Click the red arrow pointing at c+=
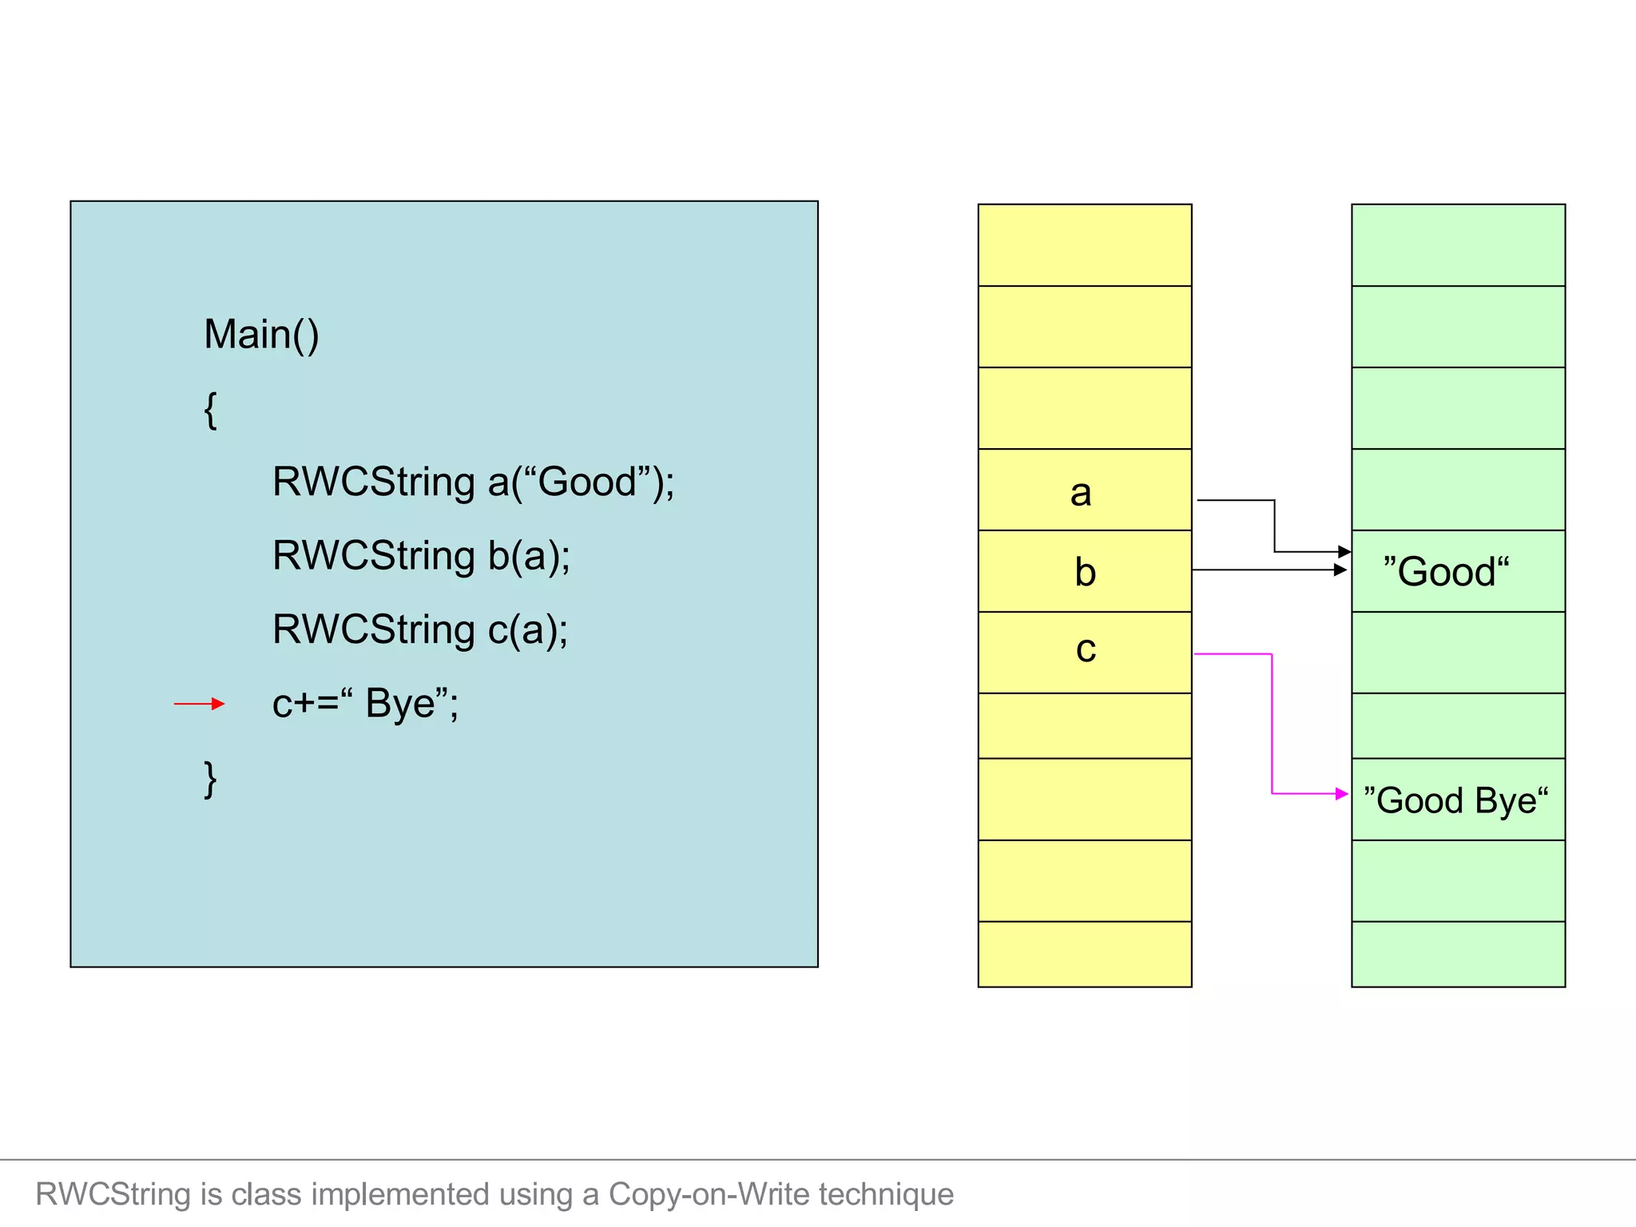(199, 704)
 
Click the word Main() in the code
(261, 334)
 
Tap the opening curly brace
(210, 410)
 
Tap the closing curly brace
(210, 779)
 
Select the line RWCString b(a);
(421, 556)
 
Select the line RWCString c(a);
(419, 629)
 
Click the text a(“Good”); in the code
(581, 482)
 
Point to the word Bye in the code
(400, 704)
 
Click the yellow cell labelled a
(1084, 490)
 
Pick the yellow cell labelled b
(1084, 572)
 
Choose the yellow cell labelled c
(1084, 652)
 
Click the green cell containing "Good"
(1457, 572)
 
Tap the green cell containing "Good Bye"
(1457, 800)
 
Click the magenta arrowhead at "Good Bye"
(1341, 794)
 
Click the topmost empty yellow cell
(1084, 245)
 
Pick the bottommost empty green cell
(1457, 954)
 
